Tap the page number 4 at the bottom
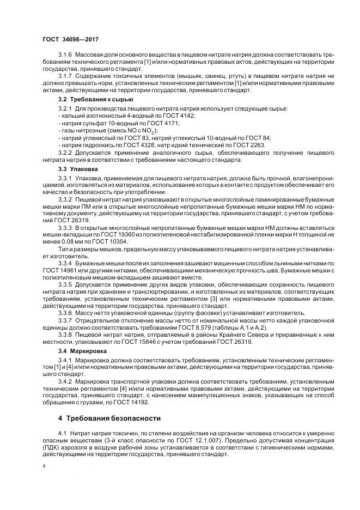44,466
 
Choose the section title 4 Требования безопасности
109,418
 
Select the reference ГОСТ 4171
156,124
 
